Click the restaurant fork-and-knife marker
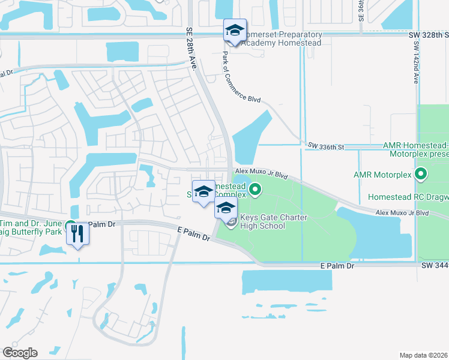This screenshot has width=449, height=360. click(x=77, y=234)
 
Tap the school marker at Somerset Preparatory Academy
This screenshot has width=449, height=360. click(x=235, y=31)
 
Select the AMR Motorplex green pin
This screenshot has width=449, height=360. click(x=421, y=175)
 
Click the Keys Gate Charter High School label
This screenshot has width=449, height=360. click(x=266, y=222)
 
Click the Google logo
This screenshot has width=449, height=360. click(x=20, y=353)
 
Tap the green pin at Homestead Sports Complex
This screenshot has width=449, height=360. click(x=255, y=190)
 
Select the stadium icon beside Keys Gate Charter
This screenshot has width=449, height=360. click(x=232, y=222)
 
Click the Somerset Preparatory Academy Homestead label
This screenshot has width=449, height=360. click(x=282, y=39)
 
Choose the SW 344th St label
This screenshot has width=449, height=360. click(x=435, y=265)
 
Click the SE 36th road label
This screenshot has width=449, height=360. click(x=361, y=10)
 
